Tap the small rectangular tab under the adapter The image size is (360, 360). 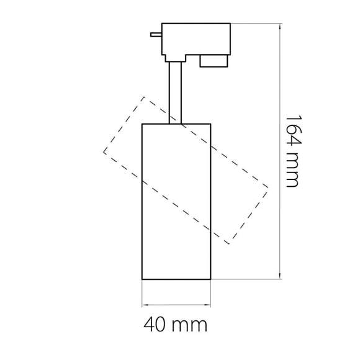pyautogui.click(x=213, y=61)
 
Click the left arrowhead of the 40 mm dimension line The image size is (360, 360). pyautogui.click(x=145, y=305)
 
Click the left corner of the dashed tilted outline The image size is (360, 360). pyautogui.click(x=104, y=151)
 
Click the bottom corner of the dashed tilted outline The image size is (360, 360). pyautogui.click(x=229, y=243)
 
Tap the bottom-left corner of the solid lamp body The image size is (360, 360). pyautogui.click(x=143, y=279)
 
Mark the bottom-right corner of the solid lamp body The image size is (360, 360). pyautogui.click(x=213, y=279)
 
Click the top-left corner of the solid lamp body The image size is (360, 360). pyautogui.click(x=143, y=124)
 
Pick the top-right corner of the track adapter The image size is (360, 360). pyautogui.click(x=230, y=24)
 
